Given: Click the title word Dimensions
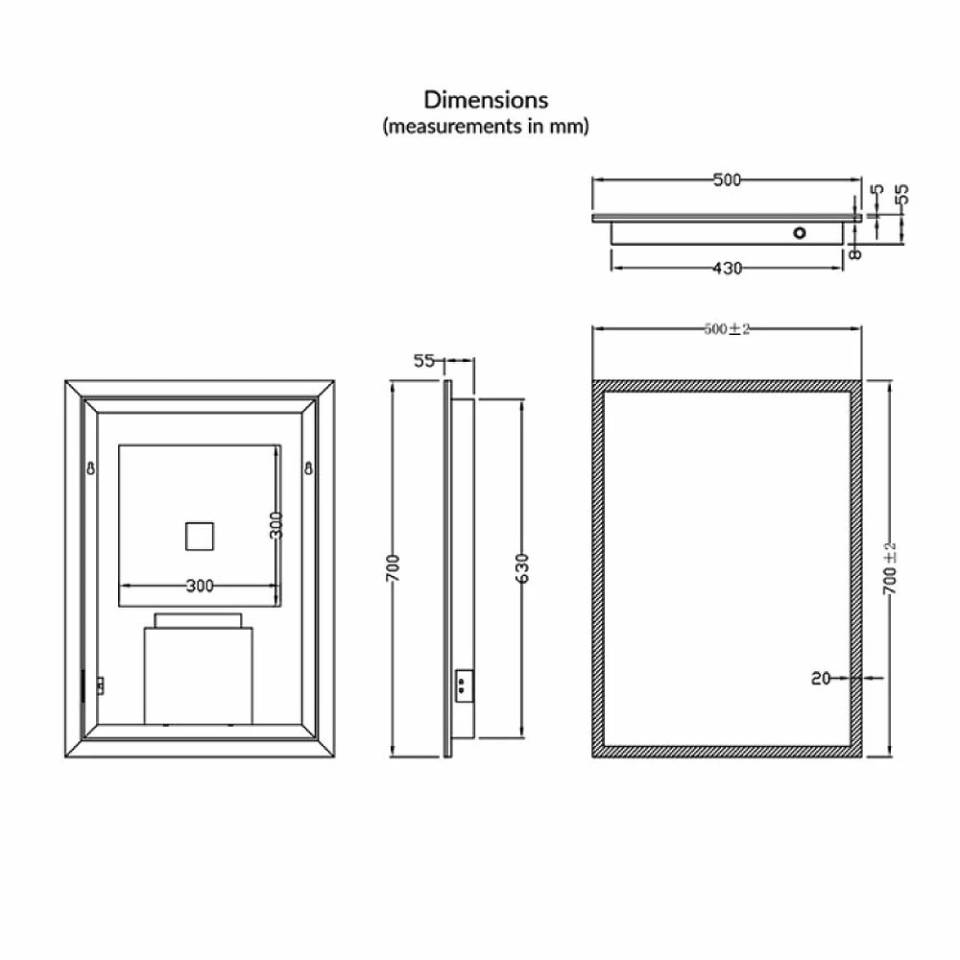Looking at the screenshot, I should coord(487,100).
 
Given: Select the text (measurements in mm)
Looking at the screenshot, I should coord(486,126).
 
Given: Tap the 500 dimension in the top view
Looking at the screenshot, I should coord(727,180).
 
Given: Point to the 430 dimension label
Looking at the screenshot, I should coord(727,269).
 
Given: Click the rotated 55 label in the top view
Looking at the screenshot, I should coord(901,196).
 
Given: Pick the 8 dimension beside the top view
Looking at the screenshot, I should coord(855,252).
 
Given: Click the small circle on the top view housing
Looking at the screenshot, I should coord(799,232).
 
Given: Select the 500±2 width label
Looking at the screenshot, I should coord(727,328).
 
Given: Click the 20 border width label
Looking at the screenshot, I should coord(820,678).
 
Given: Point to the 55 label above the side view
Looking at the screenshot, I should coord(424,361).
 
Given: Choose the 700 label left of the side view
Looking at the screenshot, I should coord(394,569).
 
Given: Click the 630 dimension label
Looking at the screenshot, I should coord(523,569).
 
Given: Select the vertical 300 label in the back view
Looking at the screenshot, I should coord(276,526).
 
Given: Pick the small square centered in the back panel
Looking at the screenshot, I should coord(201,536).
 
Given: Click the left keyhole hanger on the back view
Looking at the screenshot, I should coord(91,469).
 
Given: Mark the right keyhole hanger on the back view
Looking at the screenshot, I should coord(309,468).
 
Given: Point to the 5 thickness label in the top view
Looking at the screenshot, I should coord(876,192).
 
